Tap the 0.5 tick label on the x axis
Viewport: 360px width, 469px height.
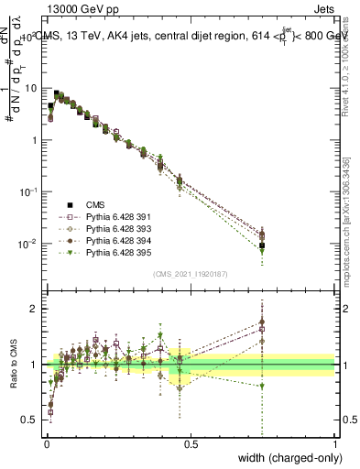191,444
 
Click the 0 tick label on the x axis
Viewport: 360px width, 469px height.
47,444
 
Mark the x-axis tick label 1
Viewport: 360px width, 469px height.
334,444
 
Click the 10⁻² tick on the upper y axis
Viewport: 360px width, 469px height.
28,245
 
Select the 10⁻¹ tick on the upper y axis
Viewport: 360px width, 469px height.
28,192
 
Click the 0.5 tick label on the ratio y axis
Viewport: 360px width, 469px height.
29,420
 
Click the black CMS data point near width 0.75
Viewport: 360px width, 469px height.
262,245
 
